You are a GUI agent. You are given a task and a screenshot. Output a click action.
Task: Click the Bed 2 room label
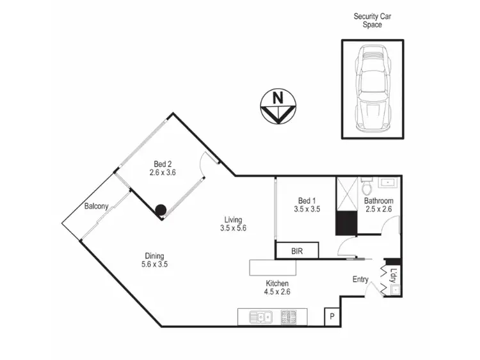[x=162, y=162]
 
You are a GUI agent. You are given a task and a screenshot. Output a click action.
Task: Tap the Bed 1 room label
[x=307, y=199]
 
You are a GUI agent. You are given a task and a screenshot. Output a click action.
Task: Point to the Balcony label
[x=96, y=206]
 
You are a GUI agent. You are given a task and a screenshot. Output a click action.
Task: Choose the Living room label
[x=232, y=217]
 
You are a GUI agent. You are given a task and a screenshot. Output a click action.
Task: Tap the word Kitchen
[x=277, y=283]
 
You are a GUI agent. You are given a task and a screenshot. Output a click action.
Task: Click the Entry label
[x=361, y=279]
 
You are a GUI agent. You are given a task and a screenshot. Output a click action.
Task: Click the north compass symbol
[x=277, y=106]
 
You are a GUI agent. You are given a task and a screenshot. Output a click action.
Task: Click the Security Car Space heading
[x=372, y=20]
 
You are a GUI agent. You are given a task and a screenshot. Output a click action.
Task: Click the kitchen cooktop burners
[x=288, y=316]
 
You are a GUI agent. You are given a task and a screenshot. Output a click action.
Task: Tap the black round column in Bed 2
[x=160, y=209]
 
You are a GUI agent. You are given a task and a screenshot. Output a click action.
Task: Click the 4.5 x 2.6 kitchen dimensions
[x=277, y=293]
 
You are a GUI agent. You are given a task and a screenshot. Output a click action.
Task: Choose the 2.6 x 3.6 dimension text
[x=162, y=172]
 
